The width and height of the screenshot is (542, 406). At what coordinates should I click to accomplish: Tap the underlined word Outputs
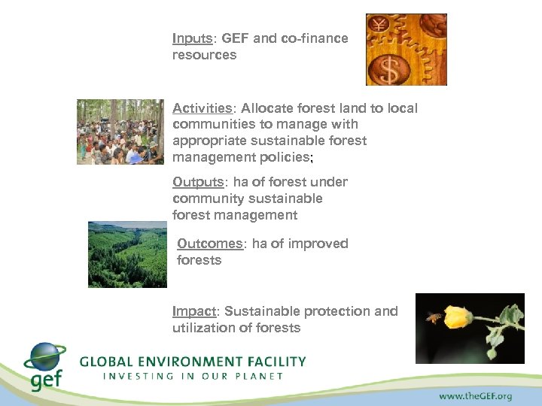pyautogui.click(x=196, y=182)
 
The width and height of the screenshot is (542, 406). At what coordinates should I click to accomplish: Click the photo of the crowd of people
pyautogui.click(x=120, y=132)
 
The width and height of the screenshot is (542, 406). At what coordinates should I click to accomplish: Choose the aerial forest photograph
pyautogui.click(x=126, y=254)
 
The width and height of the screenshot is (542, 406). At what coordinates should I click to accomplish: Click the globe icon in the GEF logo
pyautogui.click(x=45, y=358)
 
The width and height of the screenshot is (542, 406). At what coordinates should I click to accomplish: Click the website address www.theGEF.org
pyautogui.click(x=477, y=394)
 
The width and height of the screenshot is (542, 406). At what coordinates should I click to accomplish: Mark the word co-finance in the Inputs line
pyautogui.click(x=315, y=38)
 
